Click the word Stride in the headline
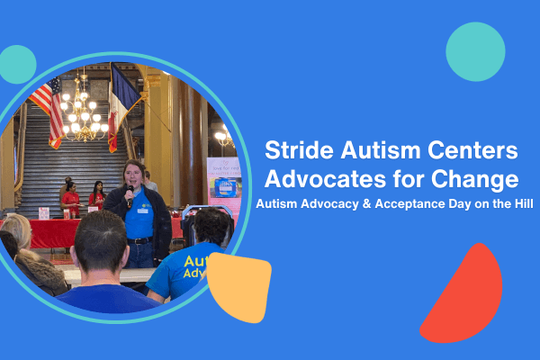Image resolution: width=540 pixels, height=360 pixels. pos(299,150)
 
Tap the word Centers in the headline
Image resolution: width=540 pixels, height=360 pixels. pos(472,150)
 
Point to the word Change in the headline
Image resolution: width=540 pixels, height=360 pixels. pos(475,179)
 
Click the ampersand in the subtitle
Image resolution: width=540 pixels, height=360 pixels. pos(367,203)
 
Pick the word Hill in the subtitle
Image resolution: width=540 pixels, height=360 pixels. pos(524,203)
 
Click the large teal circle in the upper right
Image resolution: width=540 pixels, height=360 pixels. pos(475,51)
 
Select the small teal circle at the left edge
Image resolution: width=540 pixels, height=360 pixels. pos(17,65)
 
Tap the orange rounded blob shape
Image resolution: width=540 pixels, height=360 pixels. pos(239,287)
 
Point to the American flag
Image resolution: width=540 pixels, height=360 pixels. pos(49,111)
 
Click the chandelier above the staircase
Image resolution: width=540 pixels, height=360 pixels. pos(84,110)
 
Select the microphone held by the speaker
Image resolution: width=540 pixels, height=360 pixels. pos(130,195)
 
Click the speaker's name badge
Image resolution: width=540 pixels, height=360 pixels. pos(142,211)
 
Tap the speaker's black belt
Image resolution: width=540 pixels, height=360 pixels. pos(139,241)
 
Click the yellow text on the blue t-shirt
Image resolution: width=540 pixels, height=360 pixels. pos(195,266)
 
